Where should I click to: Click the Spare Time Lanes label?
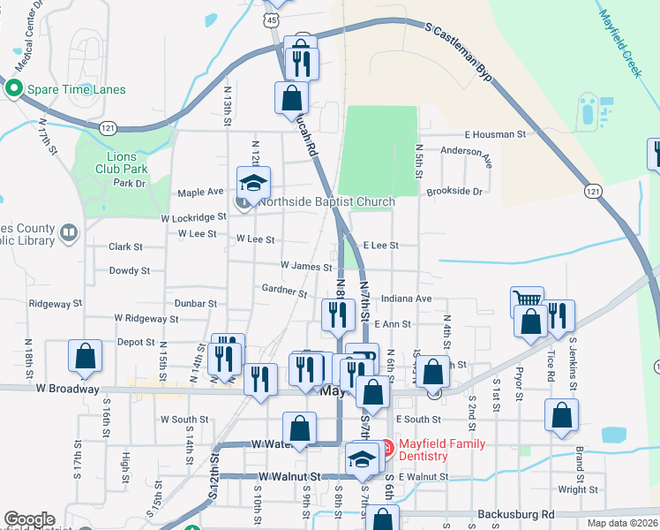click(77, 89)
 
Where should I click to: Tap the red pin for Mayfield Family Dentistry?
click(377, 448)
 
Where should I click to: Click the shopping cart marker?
click(527, 300)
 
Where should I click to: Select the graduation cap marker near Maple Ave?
click(253, 182)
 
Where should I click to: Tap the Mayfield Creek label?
click(619, 44)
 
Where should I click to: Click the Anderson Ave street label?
click(466, 155)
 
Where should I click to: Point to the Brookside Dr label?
click(454, 191)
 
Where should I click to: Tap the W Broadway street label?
click(68, 389)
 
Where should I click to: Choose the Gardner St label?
click(283, 291)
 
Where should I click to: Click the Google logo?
click(29, 519)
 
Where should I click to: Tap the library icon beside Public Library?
click(68, 233)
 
